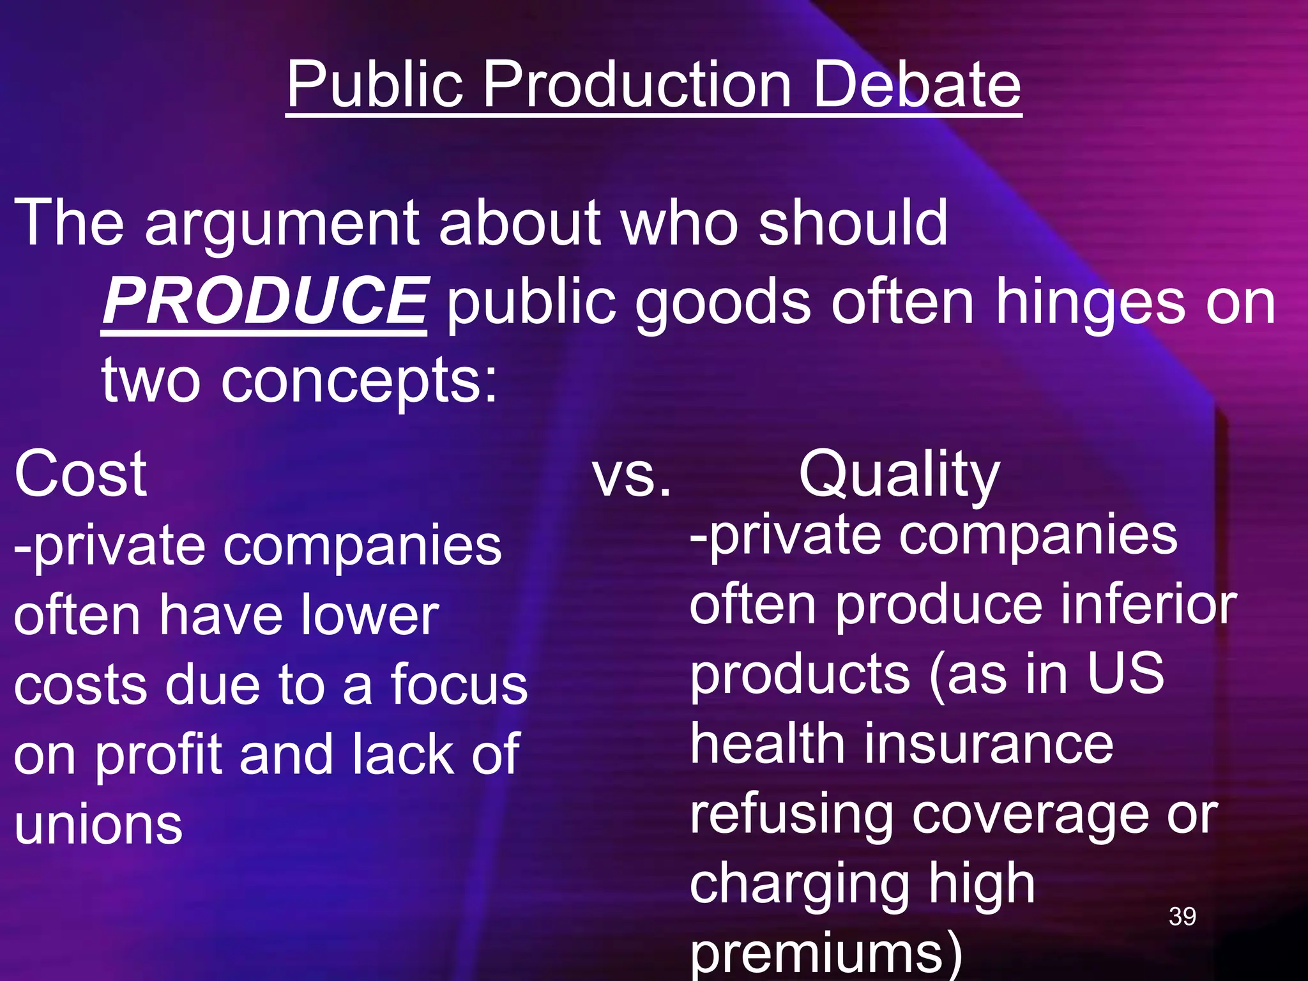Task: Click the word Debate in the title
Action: (917, 84)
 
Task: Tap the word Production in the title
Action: (639, 84)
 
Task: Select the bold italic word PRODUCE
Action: (264, 300)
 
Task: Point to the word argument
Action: (282, 224)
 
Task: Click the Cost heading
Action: (80, 474)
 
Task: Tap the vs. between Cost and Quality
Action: (631, 475)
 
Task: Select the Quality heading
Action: (899, 475)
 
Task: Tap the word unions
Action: (98, 824)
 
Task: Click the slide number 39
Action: (1182, 916)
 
